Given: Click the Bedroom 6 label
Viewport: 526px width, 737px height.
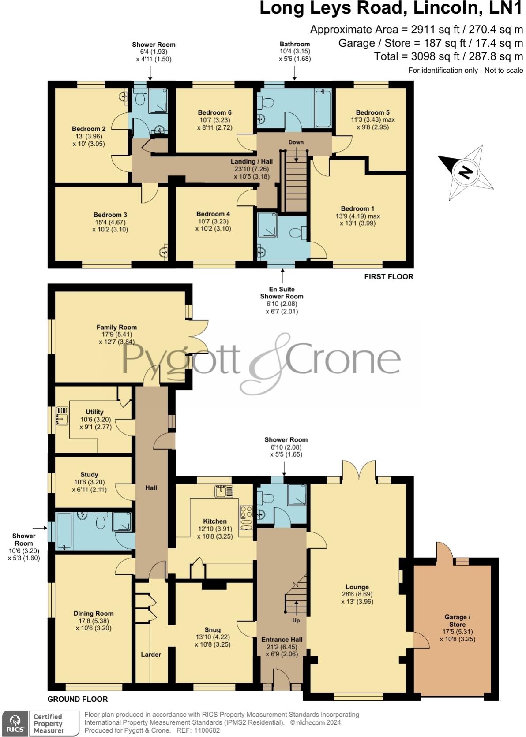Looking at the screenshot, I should click(x=214, y=112).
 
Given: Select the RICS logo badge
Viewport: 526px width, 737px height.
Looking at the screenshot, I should click(x=15, y=723).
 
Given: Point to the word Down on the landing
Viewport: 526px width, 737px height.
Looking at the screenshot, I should click(x=296, y=142).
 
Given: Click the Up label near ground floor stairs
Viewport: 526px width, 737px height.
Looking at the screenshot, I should click(x=296, y=620).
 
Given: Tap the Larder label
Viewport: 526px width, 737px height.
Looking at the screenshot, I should click(x=151, y=655).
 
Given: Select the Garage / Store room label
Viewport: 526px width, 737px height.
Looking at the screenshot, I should click(x=457, y=621).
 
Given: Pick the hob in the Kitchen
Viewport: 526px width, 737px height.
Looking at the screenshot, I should click(x=246, y=512).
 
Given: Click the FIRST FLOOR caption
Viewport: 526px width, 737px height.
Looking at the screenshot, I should click(x=388, y=277).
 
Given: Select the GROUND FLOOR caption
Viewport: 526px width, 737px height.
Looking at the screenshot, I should click(x=78, y=699).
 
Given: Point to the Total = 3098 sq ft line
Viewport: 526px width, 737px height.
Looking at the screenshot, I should click(x=448, y=56).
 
